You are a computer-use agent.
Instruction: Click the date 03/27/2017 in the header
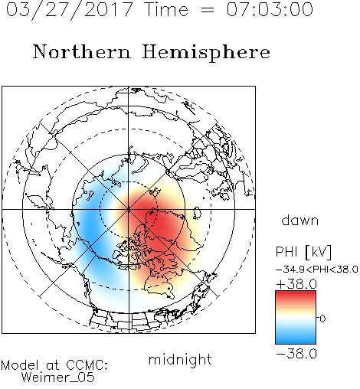(70, 10)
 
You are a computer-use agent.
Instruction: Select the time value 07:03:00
(270, 9)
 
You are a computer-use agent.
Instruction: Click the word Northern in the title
(82, 52)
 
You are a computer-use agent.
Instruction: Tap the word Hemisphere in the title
(206, 53)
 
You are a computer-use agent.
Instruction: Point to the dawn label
(300, 220)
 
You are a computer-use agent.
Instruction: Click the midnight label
(180, 359)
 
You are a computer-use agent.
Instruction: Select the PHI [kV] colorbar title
(303, 252)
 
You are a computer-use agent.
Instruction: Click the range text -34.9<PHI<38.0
(317, 270)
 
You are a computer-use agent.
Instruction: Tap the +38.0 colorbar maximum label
(296, 284)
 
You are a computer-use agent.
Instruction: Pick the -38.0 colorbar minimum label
(296, 354)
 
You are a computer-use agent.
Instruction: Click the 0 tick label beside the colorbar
(322, 319)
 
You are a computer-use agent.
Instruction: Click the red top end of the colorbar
(296, 293)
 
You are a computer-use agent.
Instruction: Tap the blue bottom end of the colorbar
(296, 342)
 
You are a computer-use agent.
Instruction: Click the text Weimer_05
(58, 378)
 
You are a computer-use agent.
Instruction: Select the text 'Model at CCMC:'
(54, 365)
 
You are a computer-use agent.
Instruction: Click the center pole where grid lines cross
(129, 209)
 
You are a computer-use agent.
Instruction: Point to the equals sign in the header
(208, 10)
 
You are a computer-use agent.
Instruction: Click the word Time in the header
(166, 9)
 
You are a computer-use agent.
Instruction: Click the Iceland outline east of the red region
(197, 213)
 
